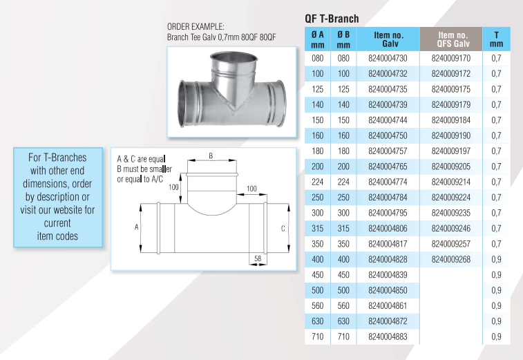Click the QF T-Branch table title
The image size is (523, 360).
(332, 19)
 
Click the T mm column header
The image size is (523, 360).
(496, 39)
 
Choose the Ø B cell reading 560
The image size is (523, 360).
(343, 305)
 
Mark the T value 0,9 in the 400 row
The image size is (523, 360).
(496, 259)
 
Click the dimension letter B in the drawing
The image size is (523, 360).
(210, 157)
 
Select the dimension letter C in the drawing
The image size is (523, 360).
(283, 227)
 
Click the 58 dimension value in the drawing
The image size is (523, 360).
(257, 258)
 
